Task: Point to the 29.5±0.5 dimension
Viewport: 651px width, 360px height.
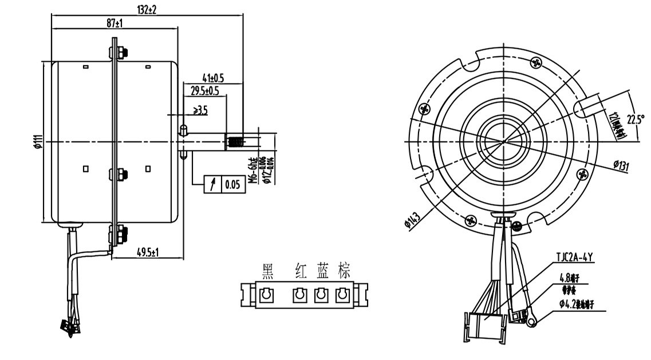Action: [204, 91]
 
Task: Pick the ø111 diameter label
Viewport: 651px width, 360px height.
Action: [38, 141]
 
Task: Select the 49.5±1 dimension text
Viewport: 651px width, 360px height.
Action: [148, 252]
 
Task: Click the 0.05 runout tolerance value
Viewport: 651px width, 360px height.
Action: [232, 184]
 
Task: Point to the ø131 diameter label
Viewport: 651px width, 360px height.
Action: [621, 166]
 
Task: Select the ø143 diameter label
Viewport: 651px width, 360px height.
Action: [411, 221]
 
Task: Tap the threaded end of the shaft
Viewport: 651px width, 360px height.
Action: [235, 140]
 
